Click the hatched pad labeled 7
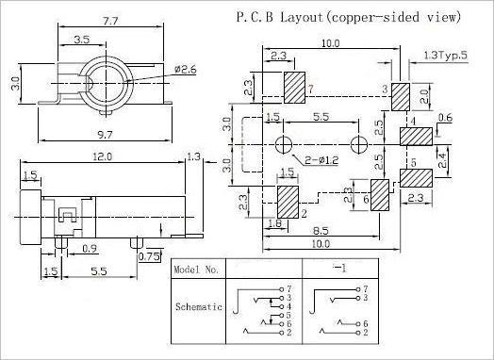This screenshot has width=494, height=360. tap(294, 88)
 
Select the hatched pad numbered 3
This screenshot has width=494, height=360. tap(401, 97)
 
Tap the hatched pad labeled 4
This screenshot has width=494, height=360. tap(416, 137)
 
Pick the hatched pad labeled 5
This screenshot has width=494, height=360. tap(416, 178)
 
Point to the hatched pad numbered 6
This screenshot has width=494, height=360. tap(380, 195)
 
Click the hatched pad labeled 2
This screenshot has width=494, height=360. tap(288, 202)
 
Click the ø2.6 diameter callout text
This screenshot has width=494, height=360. tap(185, 70)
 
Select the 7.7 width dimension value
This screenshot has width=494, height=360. tap(110, 21)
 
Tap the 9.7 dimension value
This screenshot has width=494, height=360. tap(105, 135)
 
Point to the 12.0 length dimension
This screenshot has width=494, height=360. tap(103, 156)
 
